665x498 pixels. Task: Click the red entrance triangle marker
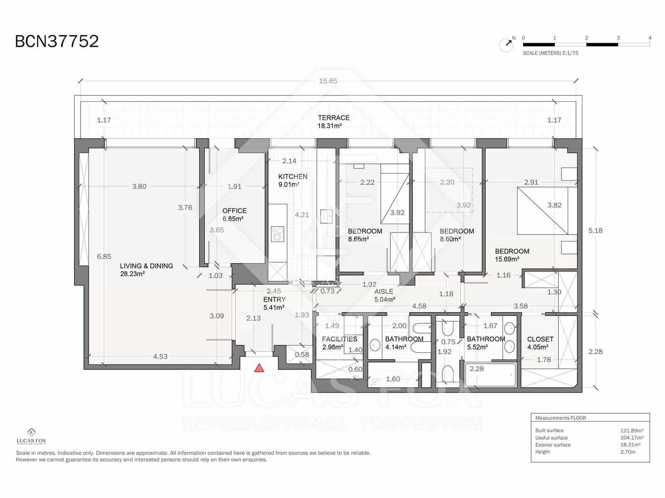(259, 368)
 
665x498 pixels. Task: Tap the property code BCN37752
(57, 41)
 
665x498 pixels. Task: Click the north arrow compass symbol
(506, 44)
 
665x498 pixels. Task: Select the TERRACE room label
(333, 118)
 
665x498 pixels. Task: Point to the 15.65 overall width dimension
(328, 81)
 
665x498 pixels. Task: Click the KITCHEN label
(293, 176)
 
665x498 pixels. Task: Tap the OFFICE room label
(234, 211)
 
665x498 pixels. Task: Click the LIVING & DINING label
(146, 266)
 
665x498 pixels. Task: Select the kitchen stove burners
(277, 234)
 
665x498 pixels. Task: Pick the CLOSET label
(540, 339)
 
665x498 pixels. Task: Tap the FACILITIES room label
(339, 339)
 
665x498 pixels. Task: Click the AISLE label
(383, 291)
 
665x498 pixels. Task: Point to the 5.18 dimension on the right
(595, 231)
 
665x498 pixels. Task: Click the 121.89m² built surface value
(632, 430)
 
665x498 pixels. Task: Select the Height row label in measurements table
(542, 452)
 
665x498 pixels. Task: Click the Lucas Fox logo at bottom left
(31, 436)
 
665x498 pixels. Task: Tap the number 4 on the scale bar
(650, 38)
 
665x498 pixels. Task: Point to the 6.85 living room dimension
(104, 256)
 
